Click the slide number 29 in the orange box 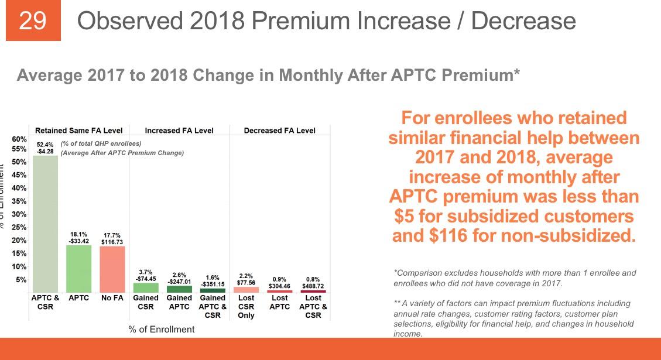(33, 22)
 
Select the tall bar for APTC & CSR (45, 222)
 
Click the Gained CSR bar (146, 287)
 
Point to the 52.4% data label (45, 145)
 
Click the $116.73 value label (112, 242)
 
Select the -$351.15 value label (213, 284)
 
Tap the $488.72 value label (313, 287)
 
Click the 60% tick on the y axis (19, 140)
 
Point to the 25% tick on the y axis (19, 227)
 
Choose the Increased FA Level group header (179, 131)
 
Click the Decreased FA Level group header (279, 131)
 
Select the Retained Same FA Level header (79, 131)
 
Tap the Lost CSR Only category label (246, 306)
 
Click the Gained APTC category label (179, 302)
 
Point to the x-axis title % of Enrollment (162, 330)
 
